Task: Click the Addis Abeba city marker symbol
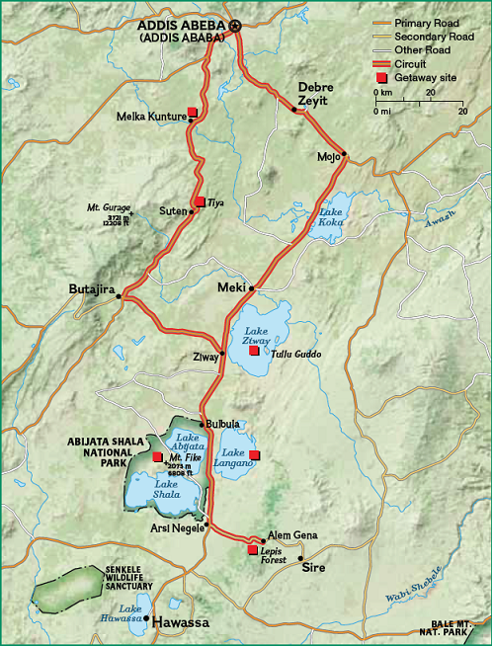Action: point(235,27)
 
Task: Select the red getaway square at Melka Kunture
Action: point(193,114)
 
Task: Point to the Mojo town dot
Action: point(344,155)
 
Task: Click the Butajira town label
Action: point(91,289)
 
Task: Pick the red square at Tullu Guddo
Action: point(255,351)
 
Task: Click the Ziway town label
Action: point(205,357)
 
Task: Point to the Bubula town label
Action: point(221,424)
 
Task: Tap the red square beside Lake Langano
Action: point(254,455)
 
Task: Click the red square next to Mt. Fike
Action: point(157,456)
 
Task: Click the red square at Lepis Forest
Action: point(253,549)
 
